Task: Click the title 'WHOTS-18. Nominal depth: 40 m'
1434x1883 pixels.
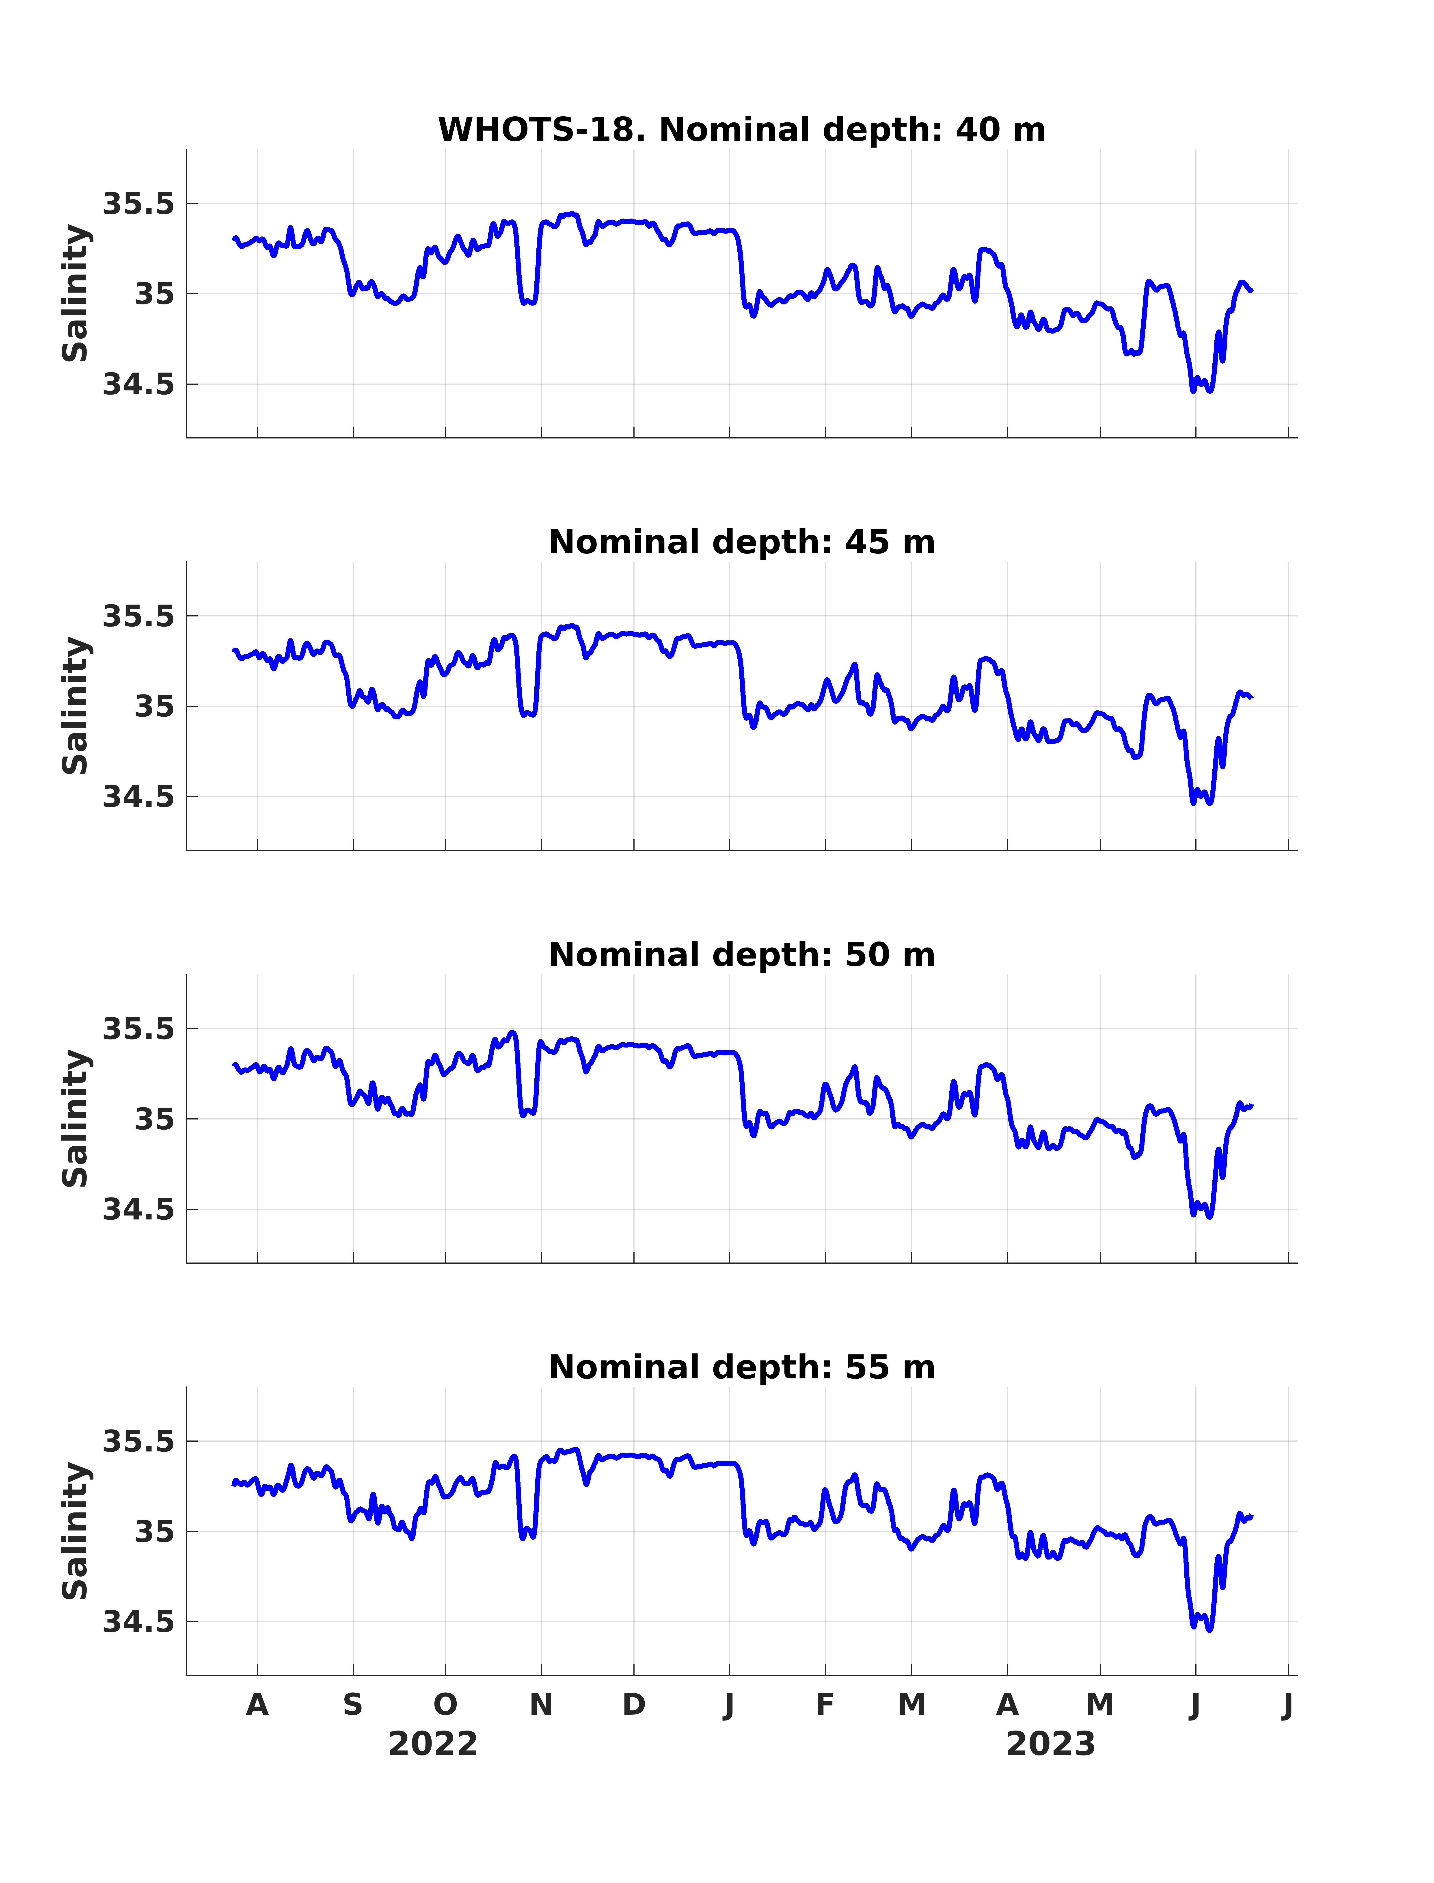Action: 742,130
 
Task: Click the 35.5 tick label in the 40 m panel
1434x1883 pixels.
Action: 138,204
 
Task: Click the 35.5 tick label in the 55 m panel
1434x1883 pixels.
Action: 138,1441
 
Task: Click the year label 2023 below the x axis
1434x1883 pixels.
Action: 1051,1745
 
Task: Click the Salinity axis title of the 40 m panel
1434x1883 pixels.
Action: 75,294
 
